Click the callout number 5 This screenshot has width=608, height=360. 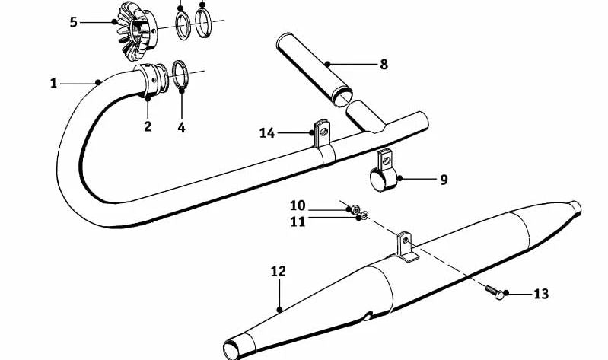pos(73,22)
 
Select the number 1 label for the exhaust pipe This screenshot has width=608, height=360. pos(53,83)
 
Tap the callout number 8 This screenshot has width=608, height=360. pos(384,65)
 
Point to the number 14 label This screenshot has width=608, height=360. pos(267,133)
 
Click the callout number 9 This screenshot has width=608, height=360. pos(444,180)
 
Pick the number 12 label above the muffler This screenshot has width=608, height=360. pos(278,271)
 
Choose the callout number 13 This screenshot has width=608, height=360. pos(541,294)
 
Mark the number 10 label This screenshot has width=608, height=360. pos(298,205)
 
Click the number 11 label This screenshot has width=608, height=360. pos(298,222)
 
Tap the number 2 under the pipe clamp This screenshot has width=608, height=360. pos(148,126)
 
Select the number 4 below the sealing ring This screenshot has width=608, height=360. pos(181,127)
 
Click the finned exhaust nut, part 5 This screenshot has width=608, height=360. pos(137,31)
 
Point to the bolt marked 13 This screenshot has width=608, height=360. pos(495,292)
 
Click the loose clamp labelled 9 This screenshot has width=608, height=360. pos(384,173)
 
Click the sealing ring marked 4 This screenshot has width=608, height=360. pos(180,75)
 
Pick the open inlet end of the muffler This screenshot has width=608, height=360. pos(231,350)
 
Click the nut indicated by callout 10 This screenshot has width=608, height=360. pos(355,209)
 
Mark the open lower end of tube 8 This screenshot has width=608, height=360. pos(343,97)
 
